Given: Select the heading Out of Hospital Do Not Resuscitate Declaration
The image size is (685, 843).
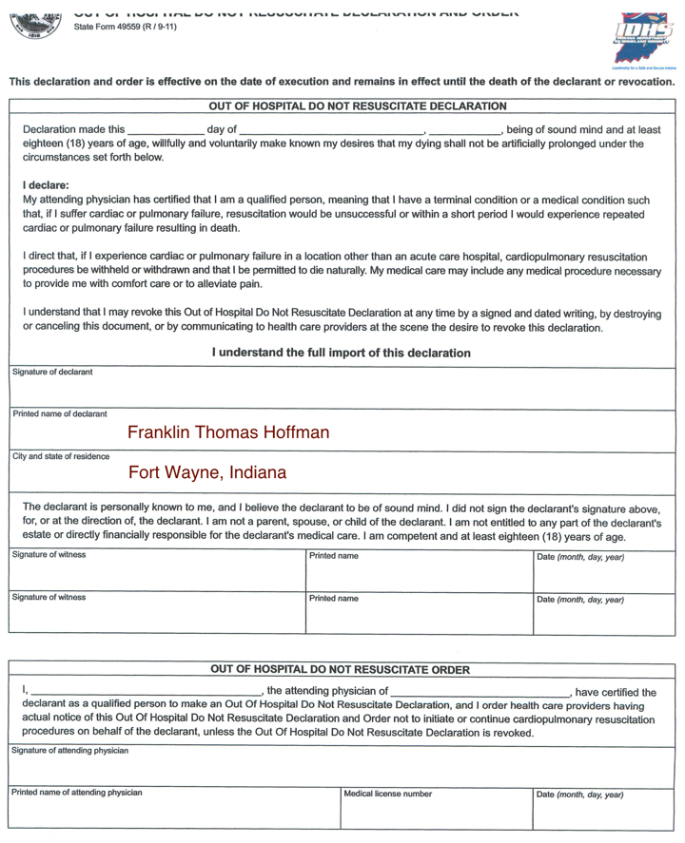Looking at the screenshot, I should click(x=343, y=106).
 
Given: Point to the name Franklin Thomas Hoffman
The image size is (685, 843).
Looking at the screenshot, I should click(x=228, y=432).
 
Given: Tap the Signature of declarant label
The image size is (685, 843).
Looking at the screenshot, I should click(x=53, y=373).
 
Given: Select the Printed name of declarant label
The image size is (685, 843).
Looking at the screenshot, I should click(x=60, y=413).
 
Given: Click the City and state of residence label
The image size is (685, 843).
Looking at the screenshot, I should click(x=61, y=456).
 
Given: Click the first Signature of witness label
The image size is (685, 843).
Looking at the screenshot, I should click(x=49, y=555).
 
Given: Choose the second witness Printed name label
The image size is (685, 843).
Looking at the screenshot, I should click(x=334, y=599).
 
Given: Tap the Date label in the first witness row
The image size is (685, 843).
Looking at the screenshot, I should click(x=580, y=556).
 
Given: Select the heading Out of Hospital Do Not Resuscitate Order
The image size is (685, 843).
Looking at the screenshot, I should click(x=340, y=670).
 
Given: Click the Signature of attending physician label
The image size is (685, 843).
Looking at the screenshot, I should click(x=70, y=751).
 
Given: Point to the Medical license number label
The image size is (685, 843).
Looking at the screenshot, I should click(x=387, y=793).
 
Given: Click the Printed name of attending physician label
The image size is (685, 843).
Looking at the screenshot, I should click(x=77, y=792).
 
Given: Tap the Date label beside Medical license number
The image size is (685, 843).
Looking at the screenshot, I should click(x=580, y=794).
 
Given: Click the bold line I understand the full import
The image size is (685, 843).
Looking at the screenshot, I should click(x=342, y=353).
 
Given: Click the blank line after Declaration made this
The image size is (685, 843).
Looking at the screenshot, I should click(x=165, y=130).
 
